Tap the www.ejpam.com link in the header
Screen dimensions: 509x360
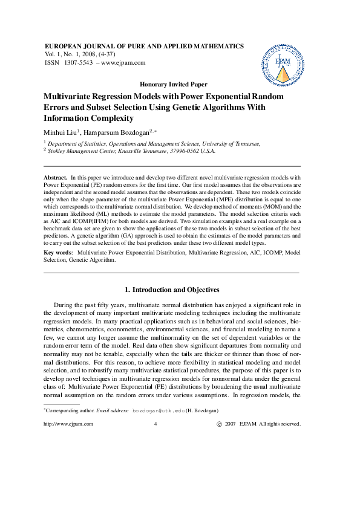click(x=123, y=63)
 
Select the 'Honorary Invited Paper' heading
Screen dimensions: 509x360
click(x=173, y=85)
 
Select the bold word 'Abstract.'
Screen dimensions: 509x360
click(x=56, y=177)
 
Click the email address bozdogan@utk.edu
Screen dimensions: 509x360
click(x=159, y=410)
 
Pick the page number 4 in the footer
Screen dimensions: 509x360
click(x=156, y=424)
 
